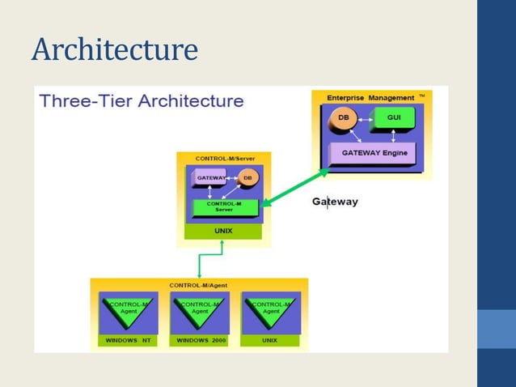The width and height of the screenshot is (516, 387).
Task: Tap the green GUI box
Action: click(x=393, y=118)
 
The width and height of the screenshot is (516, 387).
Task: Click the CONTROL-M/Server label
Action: click(x=222, y=159)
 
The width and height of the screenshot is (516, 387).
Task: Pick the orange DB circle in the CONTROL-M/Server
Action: click(x=247, y=177)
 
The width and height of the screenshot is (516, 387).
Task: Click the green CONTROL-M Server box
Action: click(x=224, y=206)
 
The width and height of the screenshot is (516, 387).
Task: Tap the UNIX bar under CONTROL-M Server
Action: click(x=223, y=231)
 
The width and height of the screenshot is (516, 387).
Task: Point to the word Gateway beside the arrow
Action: click(x=335, y=202)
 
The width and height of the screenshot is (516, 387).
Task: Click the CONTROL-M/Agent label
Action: click(x=198, y=285)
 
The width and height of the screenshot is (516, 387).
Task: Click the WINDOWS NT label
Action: click(x=127, y=340)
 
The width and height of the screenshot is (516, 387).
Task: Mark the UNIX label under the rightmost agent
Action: click(x=269, y=340)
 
